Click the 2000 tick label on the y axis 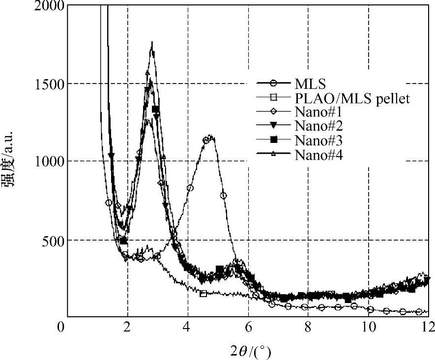50,6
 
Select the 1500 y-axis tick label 50,83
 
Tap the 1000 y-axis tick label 50,161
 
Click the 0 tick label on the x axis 61,327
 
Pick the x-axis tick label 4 187,327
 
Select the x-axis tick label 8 308,327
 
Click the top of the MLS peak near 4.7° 210,136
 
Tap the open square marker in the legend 275,97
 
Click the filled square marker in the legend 275,140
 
